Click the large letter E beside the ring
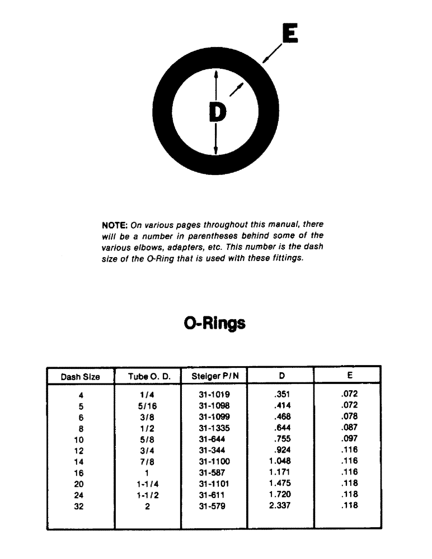[289, 34]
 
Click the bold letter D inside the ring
[217, 112]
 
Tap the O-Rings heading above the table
[215, 323]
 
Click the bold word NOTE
[114, 225]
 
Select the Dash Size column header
[80, 377]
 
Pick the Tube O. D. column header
[148, 377]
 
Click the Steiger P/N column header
[214, 376]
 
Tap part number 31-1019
[214, 395]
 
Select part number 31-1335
[214, 428]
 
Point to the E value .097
[349, 439]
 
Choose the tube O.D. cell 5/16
[148, 406]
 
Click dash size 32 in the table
[79, 506]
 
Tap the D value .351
[282, 394]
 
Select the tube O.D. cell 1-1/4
[148, 484]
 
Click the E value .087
[349, 428]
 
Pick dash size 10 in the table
[79, 440]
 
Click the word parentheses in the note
[200, 235]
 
